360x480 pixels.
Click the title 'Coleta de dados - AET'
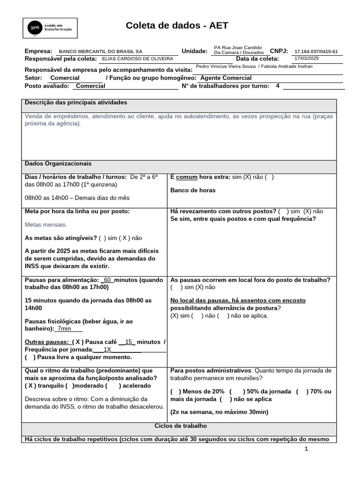177,26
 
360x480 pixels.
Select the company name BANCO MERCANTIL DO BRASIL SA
100,52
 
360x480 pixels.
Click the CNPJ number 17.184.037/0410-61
316,52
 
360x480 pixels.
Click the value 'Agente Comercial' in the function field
225,78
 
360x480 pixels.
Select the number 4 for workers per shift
277,86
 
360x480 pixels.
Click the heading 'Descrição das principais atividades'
75,102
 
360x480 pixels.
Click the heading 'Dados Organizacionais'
58,164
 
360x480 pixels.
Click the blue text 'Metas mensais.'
46,225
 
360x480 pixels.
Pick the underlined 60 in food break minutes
107,280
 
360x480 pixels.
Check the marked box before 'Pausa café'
78,342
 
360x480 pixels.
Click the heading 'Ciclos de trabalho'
180,426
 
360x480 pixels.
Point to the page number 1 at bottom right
307,449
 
